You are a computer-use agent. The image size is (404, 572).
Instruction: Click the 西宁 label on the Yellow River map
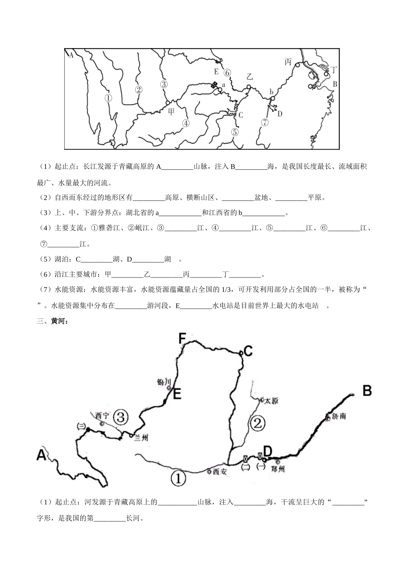[x=102, y=415]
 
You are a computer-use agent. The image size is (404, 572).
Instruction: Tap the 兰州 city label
[x=140, y=438]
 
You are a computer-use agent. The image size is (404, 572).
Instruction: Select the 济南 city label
[x=339, y=416]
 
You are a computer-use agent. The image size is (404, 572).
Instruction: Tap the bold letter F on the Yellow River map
[x=182, y=339]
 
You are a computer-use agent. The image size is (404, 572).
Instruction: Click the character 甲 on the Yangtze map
[x=171, y=112]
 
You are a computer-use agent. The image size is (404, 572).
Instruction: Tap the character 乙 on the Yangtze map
[x=250, y=77]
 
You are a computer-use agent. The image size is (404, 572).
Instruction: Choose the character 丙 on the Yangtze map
[x=288, y=62]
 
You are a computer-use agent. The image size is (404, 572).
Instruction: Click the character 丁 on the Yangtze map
[x=335, y=69]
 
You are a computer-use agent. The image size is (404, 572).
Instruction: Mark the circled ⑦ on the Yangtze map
[x=265, y=123]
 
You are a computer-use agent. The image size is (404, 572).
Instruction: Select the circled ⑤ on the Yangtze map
[x=235, y=132]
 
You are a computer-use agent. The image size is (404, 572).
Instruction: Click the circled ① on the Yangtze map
[x=108, y=98]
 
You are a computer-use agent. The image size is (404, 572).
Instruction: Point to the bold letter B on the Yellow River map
[x=367, y=390]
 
